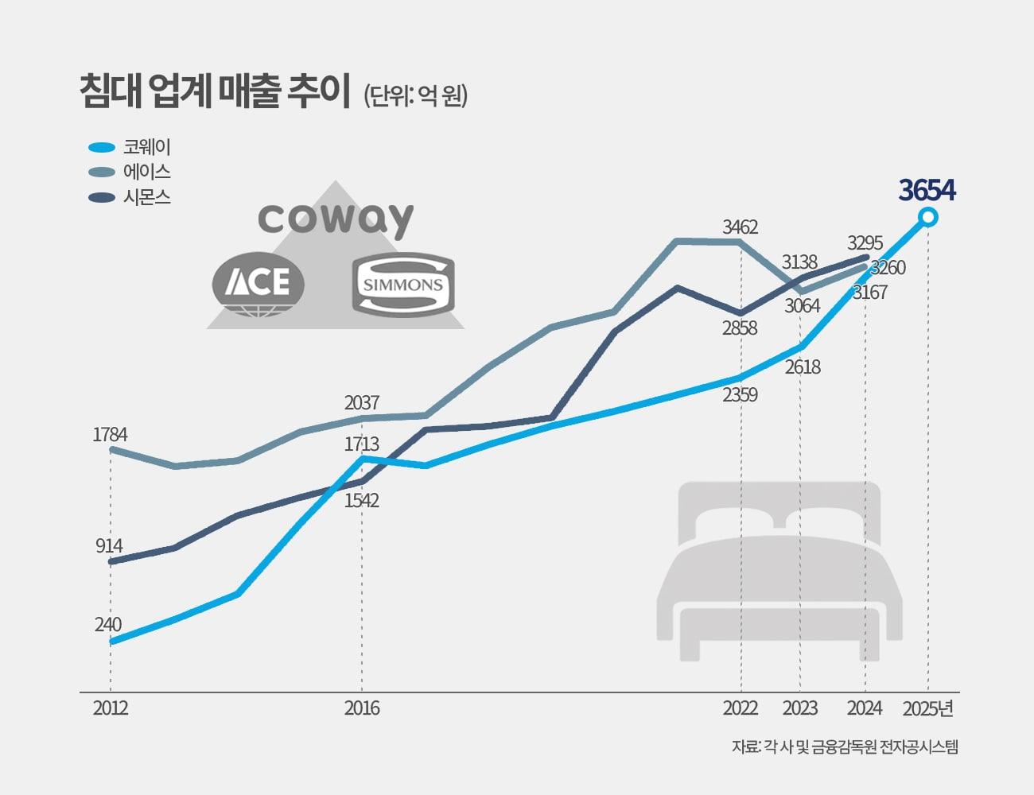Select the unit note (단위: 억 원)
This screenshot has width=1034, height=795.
point(415,96)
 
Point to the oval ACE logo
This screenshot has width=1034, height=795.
point(258,283)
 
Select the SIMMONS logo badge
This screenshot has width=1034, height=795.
point(402,284)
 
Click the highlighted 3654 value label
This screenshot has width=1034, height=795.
point(927,191)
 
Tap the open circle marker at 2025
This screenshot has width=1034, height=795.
point(927,217)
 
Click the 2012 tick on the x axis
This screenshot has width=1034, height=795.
point(111,708)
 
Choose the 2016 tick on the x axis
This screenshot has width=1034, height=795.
point(362,708)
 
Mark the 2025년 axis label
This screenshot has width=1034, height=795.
point(927,708)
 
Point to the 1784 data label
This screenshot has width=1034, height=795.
point(110,434)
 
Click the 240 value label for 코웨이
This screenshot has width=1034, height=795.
point(108,625)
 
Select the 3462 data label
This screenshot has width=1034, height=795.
point(740,227)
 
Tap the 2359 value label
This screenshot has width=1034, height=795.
point(740,394)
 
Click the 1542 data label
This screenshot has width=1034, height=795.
point(361,500)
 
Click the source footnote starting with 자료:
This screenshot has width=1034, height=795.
point(845,747)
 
